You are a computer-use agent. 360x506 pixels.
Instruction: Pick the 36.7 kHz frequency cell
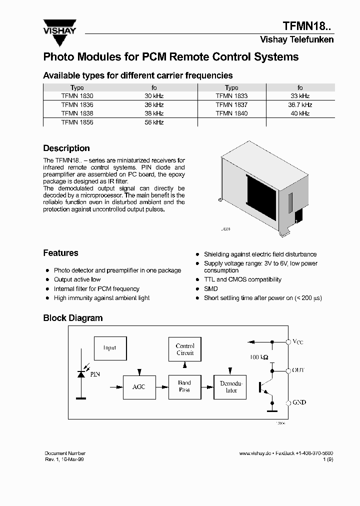(300, 105)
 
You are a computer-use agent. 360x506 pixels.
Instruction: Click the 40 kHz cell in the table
(300, 113)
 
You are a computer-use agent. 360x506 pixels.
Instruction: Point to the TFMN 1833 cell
(231, 95)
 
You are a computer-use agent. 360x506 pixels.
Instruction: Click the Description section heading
(66, 148)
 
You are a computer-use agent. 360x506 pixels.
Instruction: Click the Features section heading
(60, 253)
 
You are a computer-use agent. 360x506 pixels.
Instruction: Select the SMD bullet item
(210, 289)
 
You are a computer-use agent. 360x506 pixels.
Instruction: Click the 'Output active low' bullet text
(77, 279)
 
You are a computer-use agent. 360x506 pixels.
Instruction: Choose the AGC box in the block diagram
(139, 387)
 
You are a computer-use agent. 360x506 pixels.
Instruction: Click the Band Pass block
(184, 386)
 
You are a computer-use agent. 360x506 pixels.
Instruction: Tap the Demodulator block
(231, 387)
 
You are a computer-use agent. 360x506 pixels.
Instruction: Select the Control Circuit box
(185, 349)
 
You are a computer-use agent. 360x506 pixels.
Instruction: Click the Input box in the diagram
(110, 348)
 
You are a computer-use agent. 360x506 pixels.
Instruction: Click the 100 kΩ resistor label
(259, 357)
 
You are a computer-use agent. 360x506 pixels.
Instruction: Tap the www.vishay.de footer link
(254, 453)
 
